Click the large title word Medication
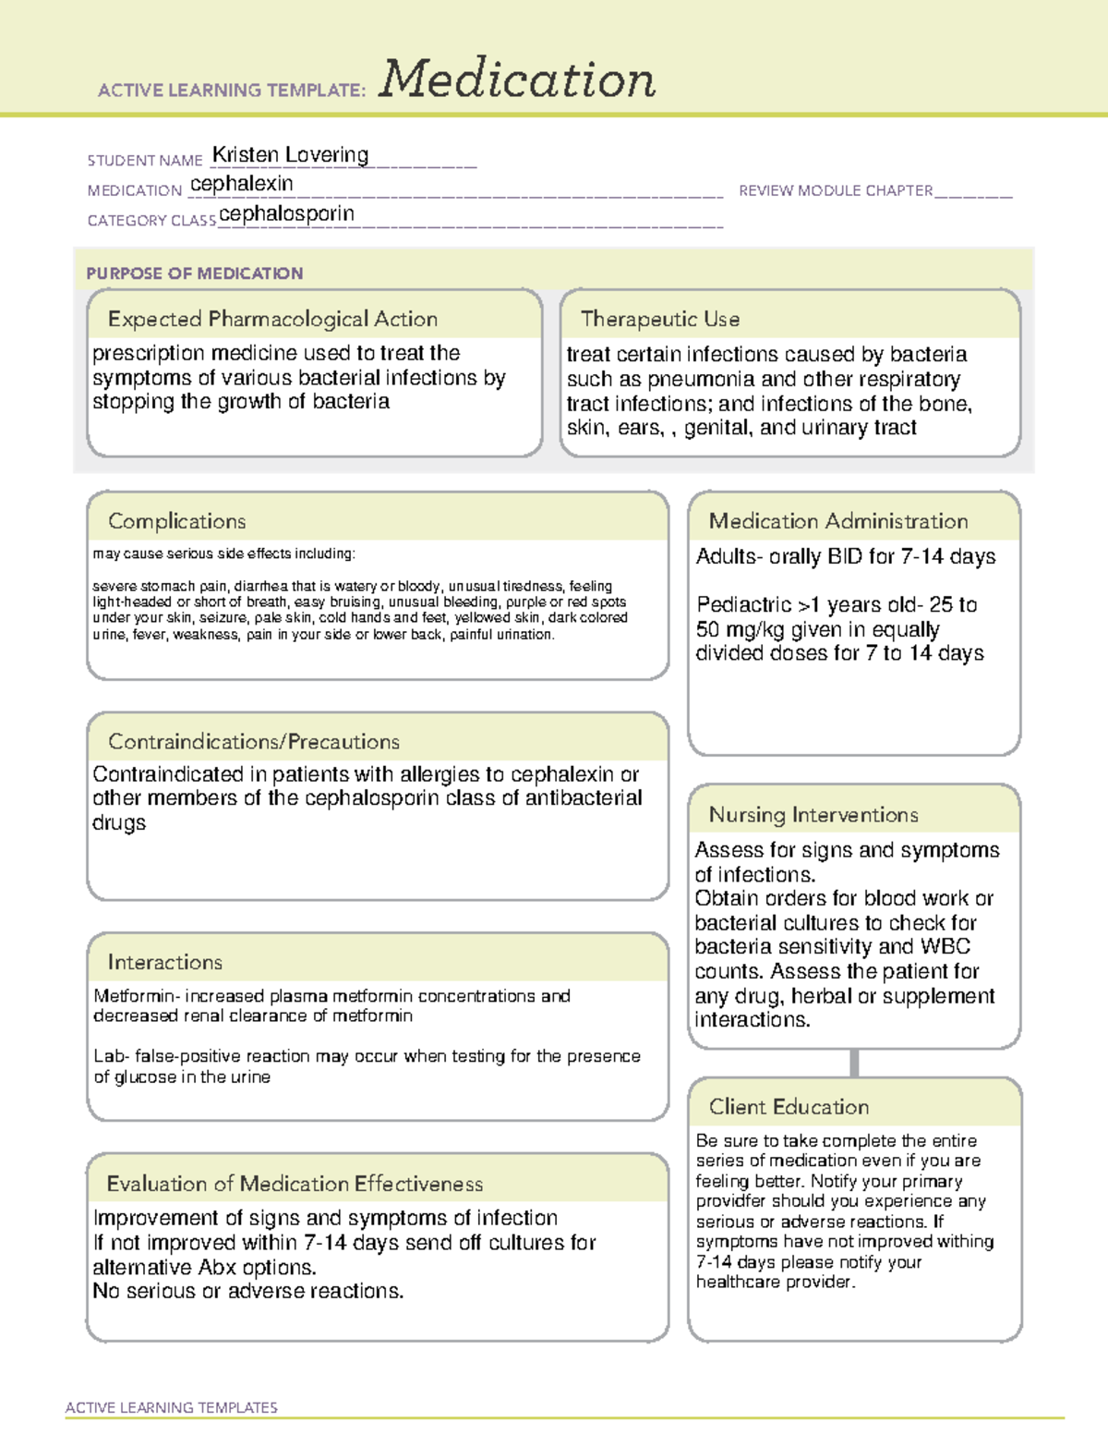point(517,79)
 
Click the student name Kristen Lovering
point(290,155)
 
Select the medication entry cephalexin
point(242,184)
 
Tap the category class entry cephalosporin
point(286,214)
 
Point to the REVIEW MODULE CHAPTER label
point(836,190)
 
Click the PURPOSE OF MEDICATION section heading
point(194,274)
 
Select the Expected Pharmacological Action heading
point(272,319)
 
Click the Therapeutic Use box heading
point(659,319)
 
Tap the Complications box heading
point(176,521)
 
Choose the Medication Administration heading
point(837,521)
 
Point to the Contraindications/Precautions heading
point(253,741)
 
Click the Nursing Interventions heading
point(813,815)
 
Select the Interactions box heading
point(164,962)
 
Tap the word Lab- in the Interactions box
point(111,1056)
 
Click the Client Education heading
point(789,1107)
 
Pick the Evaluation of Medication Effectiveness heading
point(295,1184)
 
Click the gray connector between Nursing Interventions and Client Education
point(854,1063)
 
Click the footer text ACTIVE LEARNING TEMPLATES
point(171,1407)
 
